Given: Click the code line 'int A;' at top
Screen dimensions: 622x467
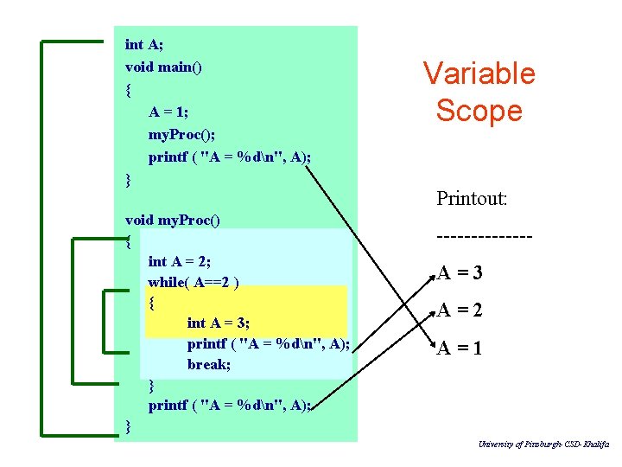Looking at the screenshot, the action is coord(143,45).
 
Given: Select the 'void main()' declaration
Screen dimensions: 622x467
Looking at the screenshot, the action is coord(163,67).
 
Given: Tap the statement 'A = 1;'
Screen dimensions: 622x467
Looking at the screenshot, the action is coord(168,112).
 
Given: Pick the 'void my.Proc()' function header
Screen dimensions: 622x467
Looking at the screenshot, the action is coord(173,220).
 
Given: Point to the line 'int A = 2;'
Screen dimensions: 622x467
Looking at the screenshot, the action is coord(180,261).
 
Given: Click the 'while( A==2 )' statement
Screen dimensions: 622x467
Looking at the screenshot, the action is coord(194,282).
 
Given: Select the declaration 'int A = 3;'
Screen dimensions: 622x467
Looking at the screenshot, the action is coord(219,323).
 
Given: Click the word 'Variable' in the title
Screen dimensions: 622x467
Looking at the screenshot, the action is coord(479,74).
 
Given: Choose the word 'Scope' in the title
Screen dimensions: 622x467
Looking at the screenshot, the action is coord(479,111).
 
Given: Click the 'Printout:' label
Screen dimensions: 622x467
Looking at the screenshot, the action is coord(472,199).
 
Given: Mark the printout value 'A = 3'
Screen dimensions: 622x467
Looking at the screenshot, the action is coord(460,274).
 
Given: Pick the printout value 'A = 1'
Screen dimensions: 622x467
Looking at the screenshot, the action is coord(460,349).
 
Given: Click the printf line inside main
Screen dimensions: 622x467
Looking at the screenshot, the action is coord(230,157).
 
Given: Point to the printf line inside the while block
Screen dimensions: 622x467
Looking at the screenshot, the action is coord(268,344).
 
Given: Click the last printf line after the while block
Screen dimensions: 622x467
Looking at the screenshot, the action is coord(230,405).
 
